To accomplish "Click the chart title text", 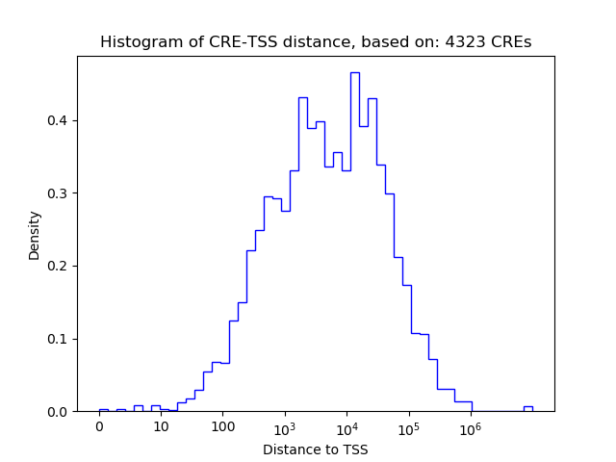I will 316,42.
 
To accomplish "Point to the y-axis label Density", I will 35,235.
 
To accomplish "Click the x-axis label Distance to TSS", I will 316,449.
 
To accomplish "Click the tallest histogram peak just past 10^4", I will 354,73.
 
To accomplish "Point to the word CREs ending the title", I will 516,42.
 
